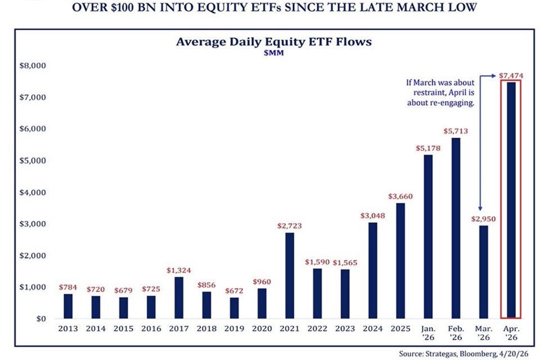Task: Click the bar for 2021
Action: pos(290,276)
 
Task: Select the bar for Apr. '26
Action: pos(511,200)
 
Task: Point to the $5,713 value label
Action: pos(456,132)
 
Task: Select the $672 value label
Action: pos(234,291)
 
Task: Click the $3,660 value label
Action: pos(400,196)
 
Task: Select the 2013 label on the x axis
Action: pos(68,328)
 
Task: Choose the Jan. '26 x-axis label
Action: pos(428,332)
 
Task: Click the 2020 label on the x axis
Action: pos(262,328)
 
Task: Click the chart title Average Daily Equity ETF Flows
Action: pos(274,42)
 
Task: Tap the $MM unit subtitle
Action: pos(274,53)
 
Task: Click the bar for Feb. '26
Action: pos(456,228)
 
